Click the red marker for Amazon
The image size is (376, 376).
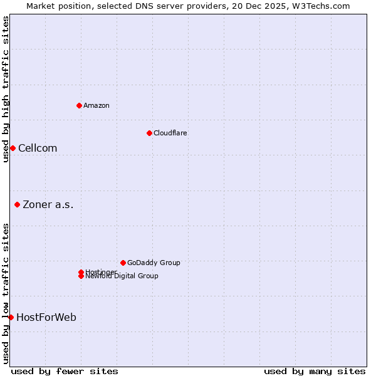79,105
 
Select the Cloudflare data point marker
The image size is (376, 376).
149,133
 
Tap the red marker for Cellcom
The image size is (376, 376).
13,148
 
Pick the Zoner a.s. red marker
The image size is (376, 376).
17,204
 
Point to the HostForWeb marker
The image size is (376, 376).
11,317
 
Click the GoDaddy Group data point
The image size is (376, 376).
123,263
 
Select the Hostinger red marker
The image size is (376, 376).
81,272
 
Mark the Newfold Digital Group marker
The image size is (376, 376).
81,276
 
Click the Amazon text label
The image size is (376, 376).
97,105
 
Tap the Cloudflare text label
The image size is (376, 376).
170,133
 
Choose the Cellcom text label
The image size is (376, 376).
38,148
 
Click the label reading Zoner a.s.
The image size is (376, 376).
48,204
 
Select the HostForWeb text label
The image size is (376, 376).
46,317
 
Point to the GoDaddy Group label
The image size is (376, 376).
154,263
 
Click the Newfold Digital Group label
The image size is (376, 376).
122,276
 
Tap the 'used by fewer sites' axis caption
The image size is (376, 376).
65,371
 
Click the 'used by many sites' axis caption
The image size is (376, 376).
315,371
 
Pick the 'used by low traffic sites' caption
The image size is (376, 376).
6,293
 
